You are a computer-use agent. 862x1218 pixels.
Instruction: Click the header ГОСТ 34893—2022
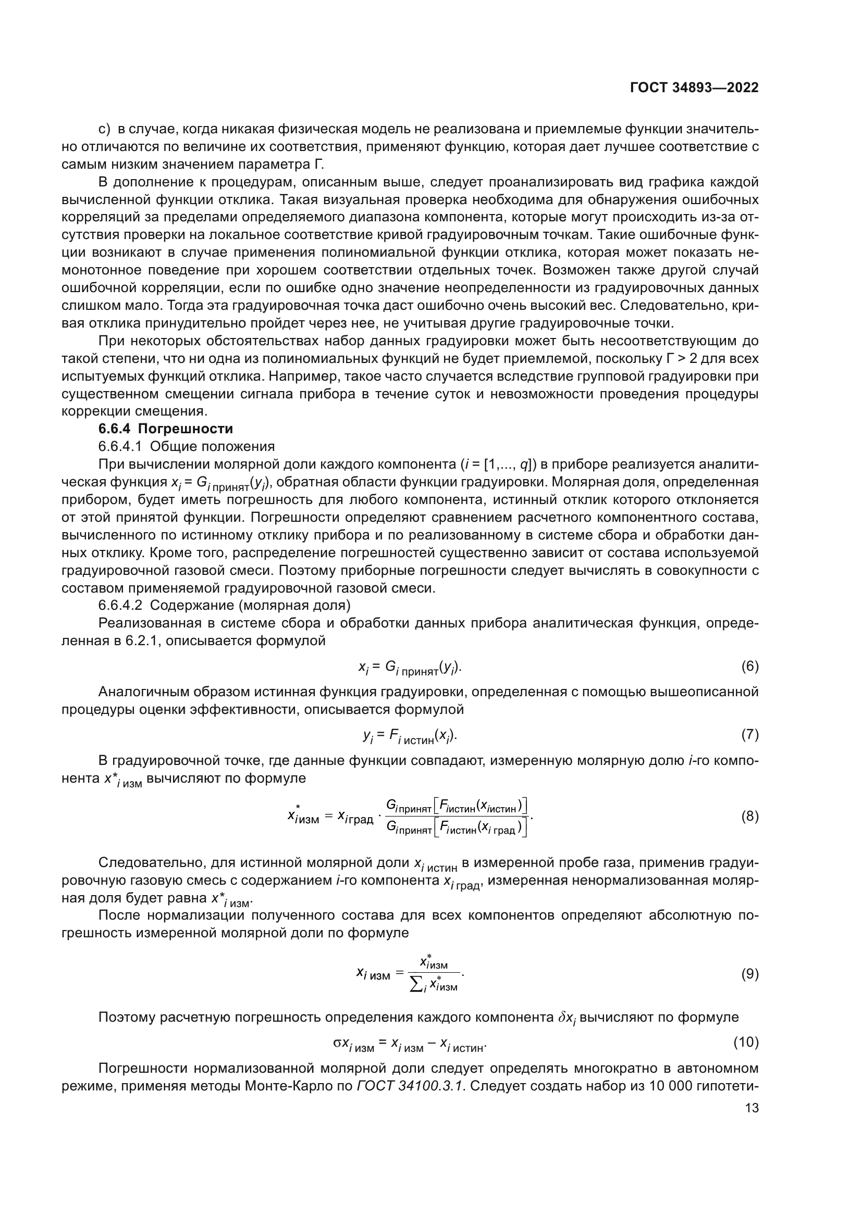tap(694, 88)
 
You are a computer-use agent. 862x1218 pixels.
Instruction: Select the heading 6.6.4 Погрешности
tap(166, 429)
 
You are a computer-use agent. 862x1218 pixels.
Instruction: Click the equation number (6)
tap(749, 667)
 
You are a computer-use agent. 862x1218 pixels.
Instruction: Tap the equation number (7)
tap(749, 735)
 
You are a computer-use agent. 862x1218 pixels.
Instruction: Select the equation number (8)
tap(749, 817)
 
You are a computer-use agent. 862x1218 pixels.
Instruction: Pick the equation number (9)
tap(749, 974)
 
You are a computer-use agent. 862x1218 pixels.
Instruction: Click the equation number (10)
tap(746, 1043)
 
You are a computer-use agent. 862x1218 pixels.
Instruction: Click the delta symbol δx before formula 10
tap(566, 1018)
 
